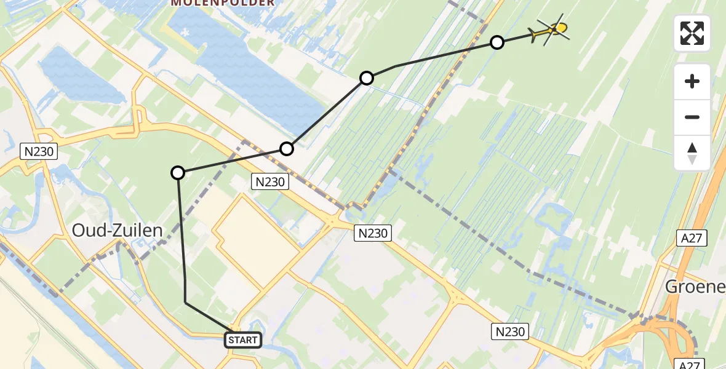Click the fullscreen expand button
coord(692,33)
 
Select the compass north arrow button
coord(692,153)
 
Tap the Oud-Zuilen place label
coord(118,231)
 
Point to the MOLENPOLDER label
coord(223,3)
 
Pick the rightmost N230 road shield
coord(510,332)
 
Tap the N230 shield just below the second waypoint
coord(269,181)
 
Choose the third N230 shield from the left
coord(372,232)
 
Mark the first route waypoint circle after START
coord(178,173)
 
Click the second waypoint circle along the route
coord(287,148)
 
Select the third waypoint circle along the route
coord(367,78)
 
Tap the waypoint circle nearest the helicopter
coord(497,42)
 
